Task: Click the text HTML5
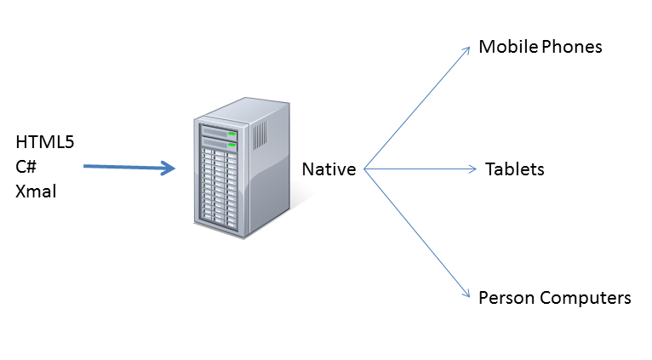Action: pyautogui.click(x=45, y=142)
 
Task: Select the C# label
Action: pyautogui.click(x=26, y=167)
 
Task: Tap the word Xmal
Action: pyautogui.click(x=36, y=191)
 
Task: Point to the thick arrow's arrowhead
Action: pyautogui.click(x=169, y=169)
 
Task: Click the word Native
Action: pyautogui.click(x=329, y=169)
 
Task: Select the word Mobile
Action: pyautogui.click(x=506, y=47)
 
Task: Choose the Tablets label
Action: pyautogui.click(x=514, y=169)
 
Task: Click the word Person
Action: pyautogui.click(x=504, y=298)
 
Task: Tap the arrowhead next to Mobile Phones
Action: pyautogui.click(x=467, y=49)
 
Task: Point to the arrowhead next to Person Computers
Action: pyautogui.click(x=467, y=294)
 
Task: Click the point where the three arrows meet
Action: pyautogui.click(x=365, y=169)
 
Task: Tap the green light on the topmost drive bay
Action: pyautogui.click(x=230, y=134)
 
